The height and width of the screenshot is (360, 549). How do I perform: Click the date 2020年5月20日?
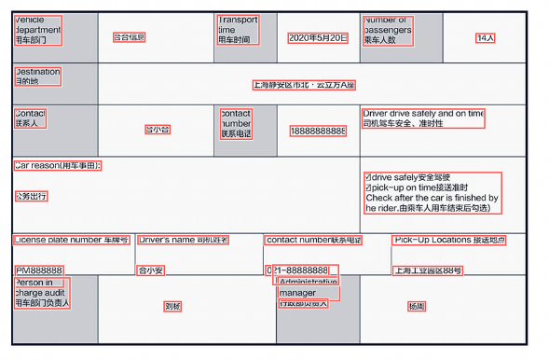click(x=318, y=38)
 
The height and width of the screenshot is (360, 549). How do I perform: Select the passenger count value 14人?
click(x=485, y=38)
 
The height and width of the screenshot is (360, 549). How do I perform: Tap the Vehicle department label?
click(x=37, y=30)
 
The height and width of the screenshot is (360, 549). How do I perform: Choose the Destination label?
click(x=37, y=76)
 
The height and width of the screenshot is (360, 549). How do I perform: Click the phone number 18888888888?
click(x=317, y=130)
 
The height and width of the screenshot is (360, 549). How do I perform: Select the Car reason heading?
click(x=57, y=166)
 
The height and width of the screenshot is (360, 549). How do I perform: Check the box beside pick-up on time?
click(x=370, y=187)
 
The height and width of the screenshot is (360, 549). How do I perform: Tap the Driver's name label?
click(x=184, y=241)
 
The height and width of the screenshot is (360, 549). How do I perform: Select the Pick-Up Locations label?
click(x=448, y=241)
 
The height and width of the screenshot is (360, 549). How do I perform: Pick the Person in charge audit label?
click(x=42, y=292)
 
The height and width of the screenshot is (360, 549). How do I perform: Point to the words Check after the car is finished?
click(x=432, y=198)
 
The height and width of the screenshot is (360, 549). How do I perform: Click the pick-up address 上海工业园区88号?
click(x=427, y=270)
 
